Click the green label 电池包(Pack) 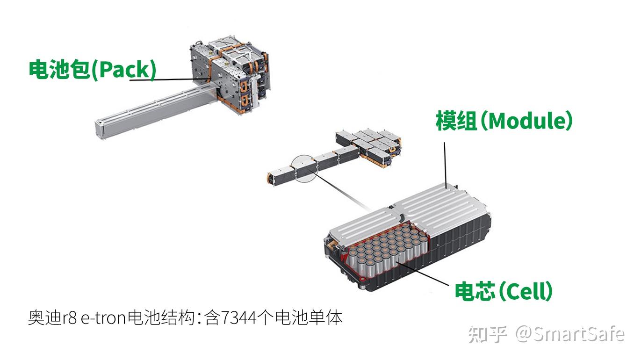92,70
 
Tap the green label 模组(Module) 504,121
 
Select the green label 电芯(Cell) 504,291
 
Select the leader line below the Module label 445,164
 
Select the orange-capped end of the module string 270,178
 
